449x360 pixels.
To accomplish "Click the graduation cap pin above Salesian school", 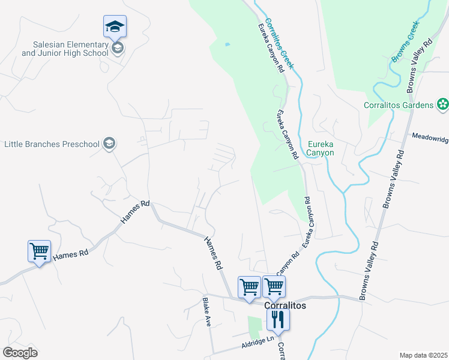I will (x=115, y=27).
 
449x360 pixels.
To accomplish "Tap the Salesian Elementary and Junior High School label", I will (x=65, y=49).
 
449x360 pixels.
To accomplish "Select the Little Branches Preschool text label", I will (x=51, y=144).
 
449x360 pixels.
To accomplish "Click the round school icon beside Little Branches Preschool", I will (x=109, y=143).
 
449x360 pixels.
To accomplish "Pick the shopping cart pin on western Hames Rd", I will (x=39, y=251).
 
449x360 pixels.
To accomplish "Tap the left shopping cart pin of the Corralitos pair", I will (x=250, y=287).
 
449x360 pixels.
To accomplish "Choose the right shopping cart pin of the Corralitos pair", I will (x=274, y=287).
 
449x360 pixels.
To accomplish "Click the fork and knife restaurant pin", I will (x=278, y=319).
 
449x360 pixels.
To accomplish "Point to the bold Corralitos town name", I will (x=286, y=305).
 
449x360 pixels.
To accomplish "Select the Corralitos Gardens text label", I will (x=399, y=105).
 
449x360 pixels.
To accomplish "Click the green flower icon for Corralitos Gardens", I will (x=443, y=105).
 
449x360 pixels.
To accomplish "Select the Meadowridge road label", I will (x=430, y=137).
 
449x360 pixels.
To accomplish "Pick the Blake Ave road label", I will (x=207, y=312).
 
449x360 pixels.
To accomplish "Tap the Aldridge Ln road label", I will (x=258, y=343).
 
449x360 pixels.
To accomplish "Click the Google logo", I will (x=20, y=353).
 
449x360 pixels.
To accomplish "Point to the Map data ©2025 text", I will (x=423, y=355).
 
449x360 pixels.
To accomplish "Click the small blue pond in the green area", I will (x=227, y=44).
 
